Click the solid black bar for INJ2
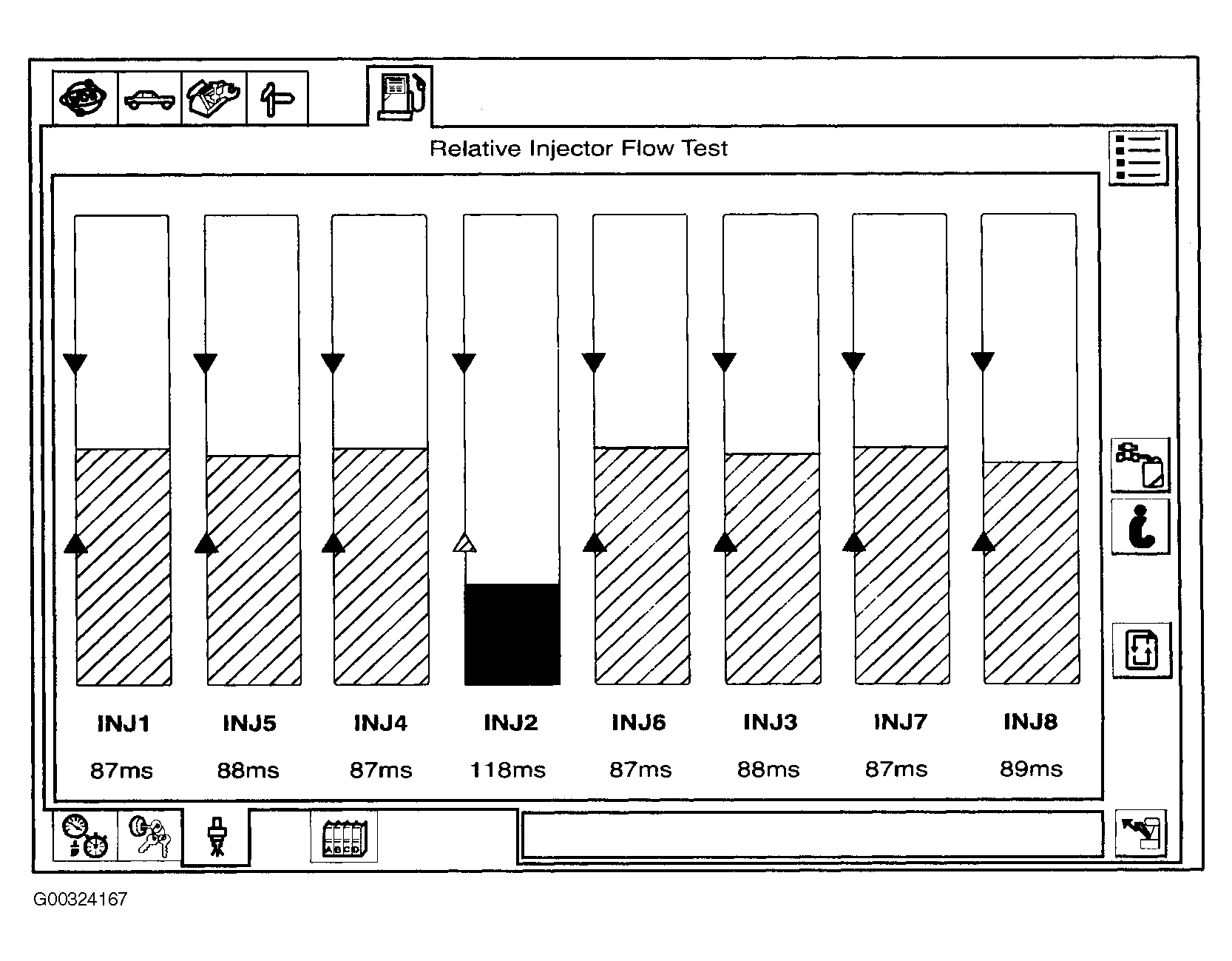512,634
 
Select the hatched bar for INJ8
1031,573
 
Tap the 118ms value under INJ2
508,770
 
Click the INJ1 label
123,723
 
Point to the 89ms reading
1031,769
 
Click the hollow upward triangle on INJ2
464,543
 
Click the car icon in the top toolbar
150,98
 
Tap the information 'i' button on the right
1140,526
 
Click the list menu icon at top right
1138,157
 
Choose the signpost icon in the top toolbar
277,98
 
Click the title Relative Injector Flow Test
579,149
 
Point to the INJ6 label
639,722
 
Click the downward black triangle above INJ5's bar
206,363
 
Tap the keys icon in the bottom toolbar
150,836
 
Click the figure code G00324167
80,900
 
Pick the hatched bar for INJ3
772,569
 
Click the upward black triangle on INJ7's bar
854,542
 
